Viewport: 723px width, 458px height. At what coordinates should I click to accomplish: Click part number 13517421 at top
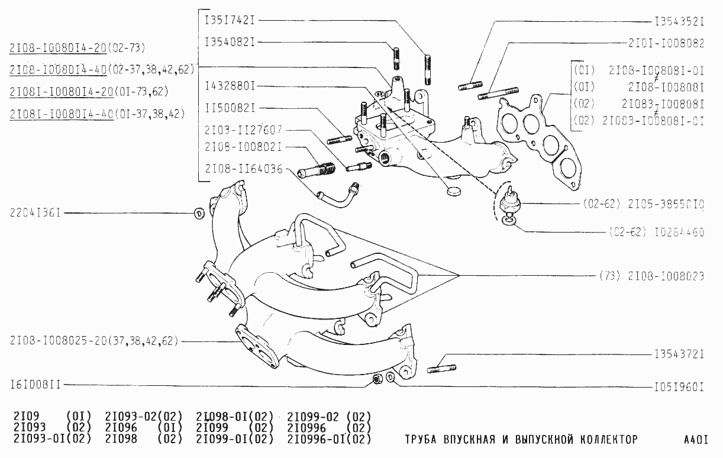click(x=230, y=20)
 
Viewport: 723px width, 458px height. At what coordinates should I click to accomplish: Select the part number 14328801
click(x=230, y=86)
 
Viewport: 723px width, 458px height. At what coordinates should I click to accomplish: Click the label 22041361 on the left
click(x=36, y=212)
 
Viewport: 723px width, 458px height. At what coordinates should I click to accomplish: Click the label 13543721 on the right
click(x=679, y=355)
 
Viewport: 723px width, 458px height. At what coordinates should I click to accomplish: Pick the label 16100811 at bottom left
click(x=36, y=385)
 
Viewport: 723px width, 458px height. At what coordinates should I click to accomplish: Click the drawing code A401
click(x=695, y=440)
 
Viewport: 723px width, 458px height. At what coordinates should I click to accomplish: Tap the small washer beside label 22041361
click(x=199, y=213)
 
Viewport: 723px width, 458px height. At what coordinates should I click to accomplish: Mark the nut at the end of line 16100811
click(x=376, y=379)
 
